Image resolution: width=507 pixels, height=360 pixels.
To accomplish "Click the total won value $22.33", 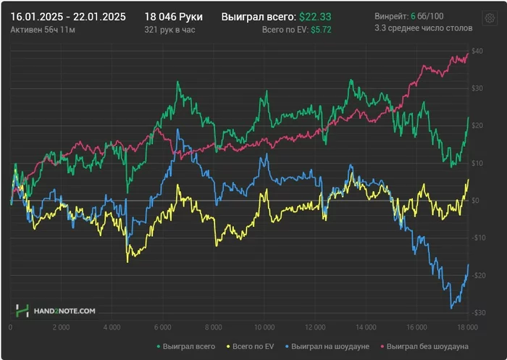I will click(316, 16).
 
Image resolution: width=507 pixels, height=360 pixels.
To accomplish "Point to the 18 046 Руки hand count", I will click(173, 16).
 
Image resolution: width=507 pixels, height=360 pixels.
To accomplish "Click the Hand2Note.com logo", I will click(56, 311).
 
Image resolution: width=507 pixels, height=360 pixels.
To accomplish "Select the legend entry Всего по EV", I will click(252, 346).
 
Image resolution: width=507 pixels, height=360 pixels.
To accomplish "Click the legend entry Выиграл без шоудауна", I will click(428, 346).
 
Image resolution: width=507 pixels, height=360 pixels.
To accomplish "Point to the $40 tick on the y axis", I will click(477, 51).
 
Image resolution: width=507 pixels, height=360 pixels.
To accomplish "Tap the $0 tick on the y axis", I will click(477, 201).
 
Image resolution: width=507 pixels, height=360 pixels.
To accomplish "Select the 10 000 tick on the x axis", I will click(265, 327).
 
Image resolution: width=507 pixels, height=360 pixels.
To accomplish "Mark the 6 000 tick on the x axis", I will click(163, 327).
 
